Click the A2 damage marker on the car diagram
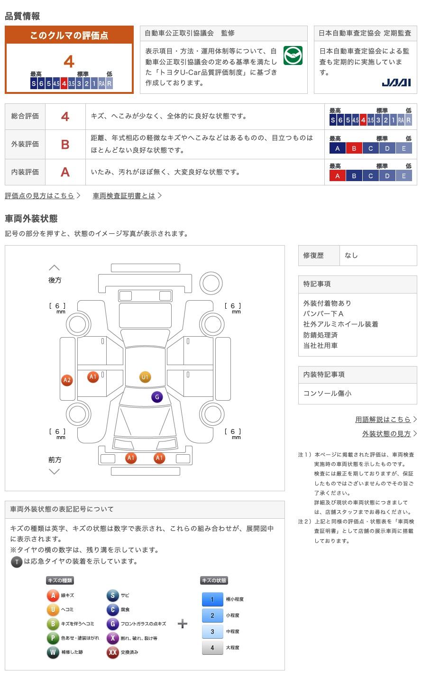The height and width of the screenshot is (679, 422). (x=67, y=380)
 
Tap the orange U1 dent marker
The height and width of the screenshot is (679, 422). (x=145, y=377)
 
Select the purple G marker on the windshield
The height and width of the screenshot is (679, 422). (x=157, y=397)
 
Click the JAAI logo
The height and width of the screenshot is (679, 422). (x=396, y=83)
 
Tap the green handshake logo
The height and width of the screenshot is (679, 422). (x=293, y=55)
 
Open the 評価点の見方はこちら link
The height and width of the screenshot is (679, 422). (x=42, y=195)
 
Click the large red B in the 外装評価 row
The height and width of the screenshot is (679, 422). (x=65, y=144)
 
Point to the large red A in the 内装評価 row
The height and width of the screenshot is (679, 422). (x=65, y=172)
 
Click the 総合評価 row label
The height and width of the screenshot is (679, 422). (x=25, y=116)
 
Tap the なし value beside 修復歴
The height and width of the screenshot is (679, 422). (x=351, y=255)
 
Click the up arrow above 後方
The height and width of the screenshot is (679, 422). (x=54, y=268)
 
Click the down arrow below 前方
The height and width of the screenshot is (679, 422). (x=54, y=471)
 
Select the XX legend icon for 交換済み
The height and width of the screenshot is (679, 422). (x=112, y=652)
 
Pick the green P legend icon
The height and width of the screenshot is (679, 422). (x=53, y=638)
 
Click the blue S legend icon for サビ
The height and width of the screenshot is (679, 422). (x=112, y=596)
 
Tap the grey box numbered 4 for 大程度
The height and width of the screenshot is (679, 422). (x=212, y=648)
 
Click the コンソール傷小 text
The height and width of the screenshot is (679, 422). (x=327, y=393)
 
